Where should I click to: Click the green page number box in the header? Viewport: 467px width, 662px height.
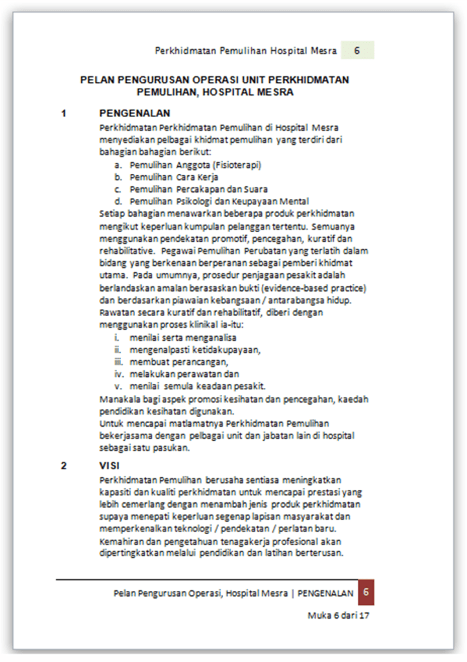[x=357, y=50]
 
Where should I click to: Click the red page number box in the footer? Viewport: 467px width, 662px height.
[x=366, y=592]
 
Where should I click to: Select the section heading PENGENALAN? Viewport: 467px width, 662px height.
[x=135, y=113]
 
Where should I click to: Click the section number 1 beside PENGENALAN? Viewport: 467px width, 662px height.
[x=63, y=113]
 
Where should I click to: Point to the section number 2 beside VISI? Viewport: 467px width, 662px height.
[x=63, y=465]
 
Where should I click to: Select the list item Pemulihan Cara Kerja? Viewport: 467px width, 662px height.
[x=174, y=177]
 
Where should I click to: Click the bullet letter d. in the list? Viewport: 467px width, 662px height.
[x=118, y=201]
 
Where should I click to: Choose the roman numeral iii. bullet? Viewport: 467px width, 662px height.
[x=118, y=362]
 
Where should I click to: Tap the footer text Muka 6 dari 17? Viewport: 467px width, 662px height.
[x=338, y=615]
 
